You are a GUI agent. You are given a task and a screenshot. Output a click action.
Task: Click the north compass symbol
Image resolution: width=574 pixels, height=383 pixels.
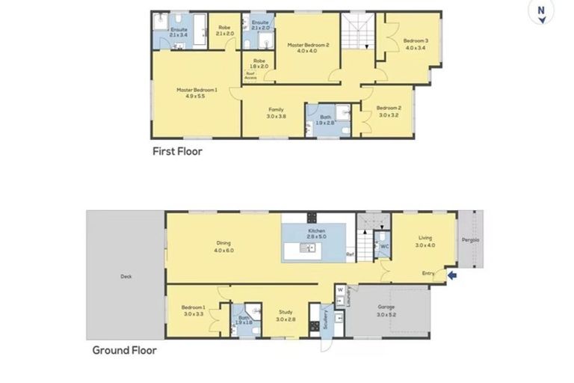coord(539,13)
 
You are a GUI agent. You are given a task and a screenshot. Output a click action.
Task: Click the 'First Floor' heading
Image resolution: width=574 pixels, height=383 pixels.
coord(177,150)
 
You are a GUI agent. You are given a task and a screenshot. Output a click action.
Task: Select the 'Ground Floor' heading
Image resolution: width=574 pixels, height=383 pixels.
coord(124,349)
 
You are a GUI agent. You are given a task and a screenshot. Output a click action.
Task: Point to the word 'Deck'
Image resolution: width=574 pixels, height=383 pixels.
coord(126,277)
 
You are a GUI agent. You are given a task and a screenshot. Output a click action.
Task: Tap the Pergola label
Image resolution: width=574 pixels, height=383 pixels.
coord(469,240)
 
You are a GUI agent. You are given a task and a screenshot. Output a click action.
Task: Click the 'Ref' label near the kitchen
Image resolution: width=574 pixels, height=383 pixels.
coord(349,255)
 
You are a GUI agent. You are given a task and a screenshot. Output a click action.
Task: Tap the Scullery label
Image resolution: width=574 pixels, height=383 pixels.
coord(325,320)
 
